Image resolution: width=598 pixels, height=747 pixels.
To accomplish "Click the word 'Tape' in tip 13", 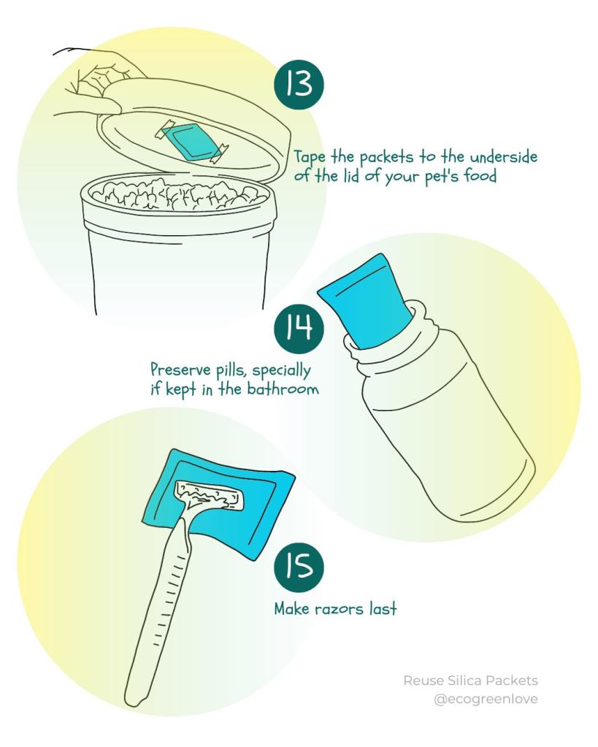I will click(309, 158).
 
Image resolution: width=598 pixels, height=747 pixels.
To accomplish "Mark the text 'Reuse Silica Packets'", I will click(470, 681).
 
